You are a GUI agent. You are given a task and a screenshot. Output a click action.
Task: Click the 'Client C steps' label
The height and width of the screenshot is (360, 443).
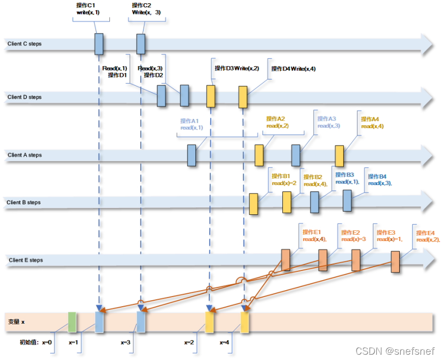24,44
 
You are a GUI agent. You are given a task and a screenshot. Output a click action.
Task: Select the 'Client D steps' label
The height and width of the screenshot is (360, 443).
24,97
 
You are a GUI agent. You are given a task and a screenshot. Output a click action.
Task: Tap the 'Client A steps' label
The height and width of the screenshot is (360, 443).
24,155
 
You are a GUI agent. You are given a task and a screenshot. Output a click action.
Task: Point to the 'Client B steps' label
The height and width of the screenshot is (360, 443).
24,203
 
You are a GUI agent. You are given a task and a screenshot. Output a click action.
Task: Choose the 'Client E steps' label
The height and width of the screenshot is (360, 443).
26,260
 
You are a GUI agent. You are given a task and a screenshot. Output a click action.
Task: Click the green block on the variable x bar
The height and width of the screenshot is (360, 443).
72,322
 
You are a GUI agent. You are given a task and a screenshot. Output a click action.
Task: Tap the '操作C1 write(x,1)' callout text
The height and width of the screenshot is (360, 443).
88,9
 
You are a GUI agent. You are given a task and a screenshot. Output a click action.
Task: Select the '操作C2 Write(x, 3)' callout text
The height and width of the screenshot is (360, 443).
146,9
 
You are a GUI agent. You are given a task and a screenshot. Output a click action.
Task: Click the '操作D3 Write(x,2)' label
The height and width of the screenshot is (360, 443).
236,68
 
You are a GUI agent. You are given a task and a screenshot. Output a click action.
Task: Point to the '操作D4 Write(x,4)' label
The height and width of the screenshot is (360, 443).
293,69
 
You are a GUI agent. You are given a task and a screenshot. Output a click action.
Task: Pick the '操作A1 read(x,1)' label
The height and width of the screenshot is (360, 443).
192,124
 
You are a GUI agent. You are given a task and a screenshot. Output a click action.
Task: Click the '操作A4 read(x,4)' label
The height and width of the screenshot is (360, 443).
372,123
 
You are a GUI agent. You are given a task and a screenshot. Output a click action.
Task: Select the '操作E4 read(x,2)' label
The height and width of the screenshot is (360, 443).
427,236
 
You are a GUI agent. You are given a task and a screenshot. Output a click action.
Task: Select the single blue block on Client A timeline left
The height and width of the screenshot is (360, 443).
192,155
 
